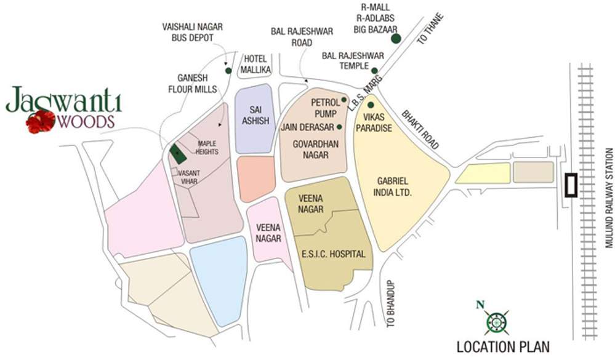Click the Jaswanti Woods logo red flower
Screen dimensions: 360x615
(x=41, y=121)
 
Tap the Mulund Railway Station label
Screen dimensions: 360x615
(x=608, y=198)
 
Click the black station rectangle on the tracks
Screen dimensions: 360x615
(x=571, y=185)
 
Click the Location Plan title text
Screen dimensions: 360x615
(x=503, y=346)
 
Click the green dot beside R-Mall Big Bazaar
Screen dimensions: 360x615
(x=396, y=39)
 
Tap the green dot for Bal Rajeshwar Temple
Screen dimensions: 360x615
(x=374, y=71)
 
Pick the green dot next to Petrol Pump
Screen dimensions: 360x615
(x=344, y=100)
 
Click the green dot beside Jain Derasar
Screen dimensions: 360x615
(x=339, y=127)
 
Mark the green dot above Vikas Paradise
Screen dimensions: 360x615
(x=371, y=105)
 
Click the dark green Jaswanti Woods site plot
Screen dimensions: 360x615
(x=177, y=154)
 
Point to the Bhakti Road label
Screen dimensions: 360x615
(x=420, y=130)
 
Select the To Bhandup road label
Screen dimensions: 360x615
(x=390, y=304)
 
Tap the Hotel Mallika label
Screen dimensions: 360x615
(x=255, y=64)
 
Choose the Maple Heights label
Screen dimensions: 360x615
(x=207, y=147)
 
